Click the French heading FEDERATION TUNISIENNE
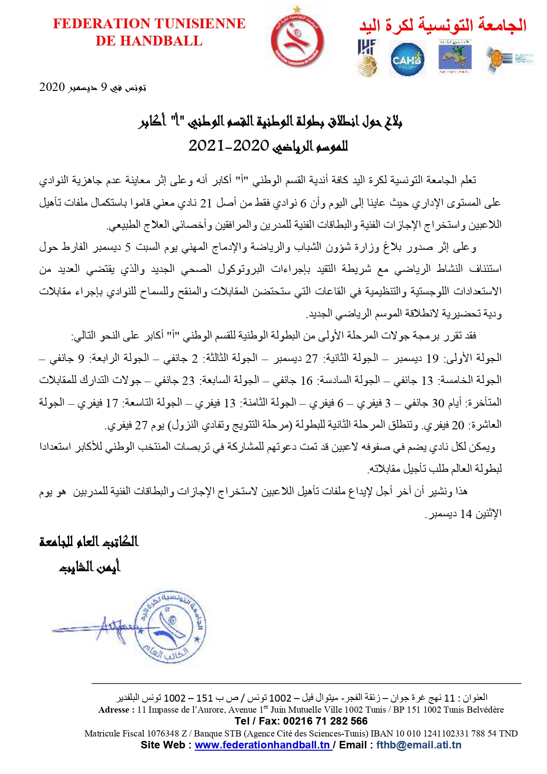tap(149, 23)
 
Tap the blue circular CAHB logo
tap(407, 59)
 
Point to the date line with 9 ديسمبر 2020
tap(93, 87)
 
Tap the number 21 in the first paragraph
tap(206, 203)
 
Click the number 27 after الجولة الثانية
tap(312, 359)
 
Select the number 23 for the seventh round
tap(188, 381)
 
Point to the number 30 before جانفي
tap(438, 403)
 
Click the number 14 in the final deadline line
tap(466, 514)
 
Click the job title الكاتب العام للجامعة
tap(89, 541)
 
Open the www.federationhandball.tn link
tap(263, 745)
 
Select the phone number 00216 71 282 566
tap(325, 721)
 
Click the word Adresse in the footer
tap(114, 710)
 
